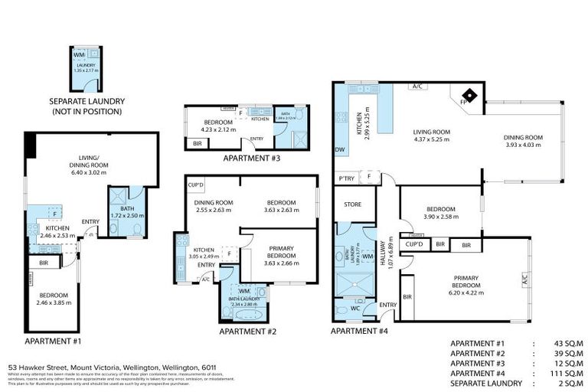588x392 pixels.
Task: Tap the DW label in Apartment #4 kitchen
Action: point(339,150)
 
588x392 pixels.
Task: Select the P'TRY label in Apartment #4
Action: point(346,178)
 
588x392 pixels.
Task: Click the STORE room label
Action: point(352,204)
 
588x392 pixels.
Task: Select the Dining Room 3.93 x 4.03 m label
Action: point(523,141)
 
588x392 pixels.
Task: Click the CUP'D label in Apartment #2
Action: point(196,185)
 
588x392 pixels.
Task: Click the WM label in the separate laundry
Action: point(80,55)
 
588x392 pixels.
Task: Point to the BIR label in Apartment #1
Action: point(43,262)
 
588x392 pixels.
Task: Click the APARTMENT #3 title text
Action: point(246,158)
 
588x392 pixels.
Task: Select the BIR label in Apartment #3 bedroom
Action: point(198,143)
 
